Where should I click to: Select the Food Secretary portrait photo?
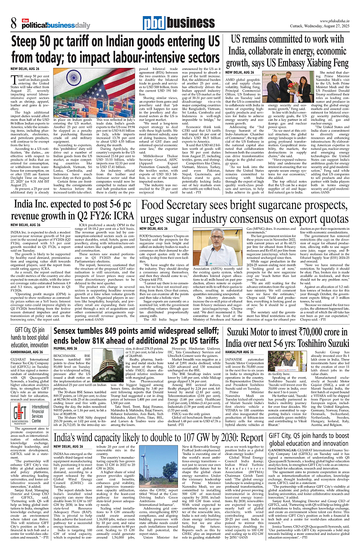(x=224, y=246)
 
